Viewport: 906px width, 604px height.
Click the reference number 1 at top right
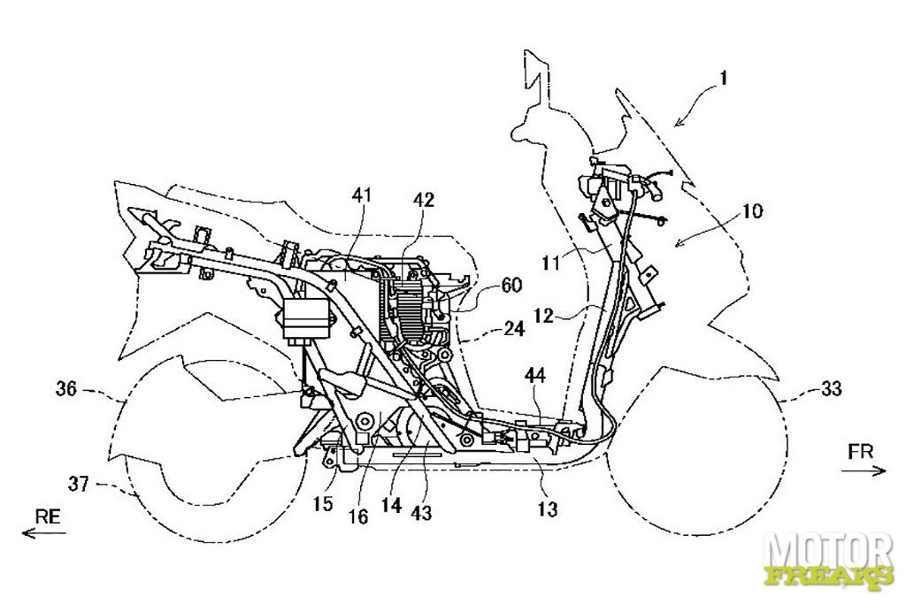(724, 78)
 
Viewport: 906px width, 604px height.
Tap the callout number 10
(752, 211)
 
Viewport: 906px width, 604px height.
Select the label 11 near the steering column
(550, 264)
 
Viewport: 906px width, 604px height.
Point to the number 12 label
(544, 316)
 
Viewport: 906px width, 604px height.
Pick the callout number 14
(390, 505)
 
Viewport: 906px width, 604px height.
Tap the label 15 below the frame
(323, 503)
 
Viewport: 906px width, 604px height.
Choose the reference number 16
(358, 516)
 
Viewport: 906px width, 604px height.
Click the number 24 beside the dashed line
(513, 329)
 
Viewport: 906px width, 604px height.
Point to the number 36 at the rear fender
(65, 389)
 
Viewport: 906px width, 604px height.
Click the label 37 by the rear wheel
(79, 484)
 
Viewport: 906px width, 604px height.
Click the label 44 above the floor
(536, 377)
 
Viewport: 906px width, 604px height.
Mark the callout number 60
(511, 284)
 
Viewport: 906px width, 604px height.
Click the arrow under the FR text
(864, 471)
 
